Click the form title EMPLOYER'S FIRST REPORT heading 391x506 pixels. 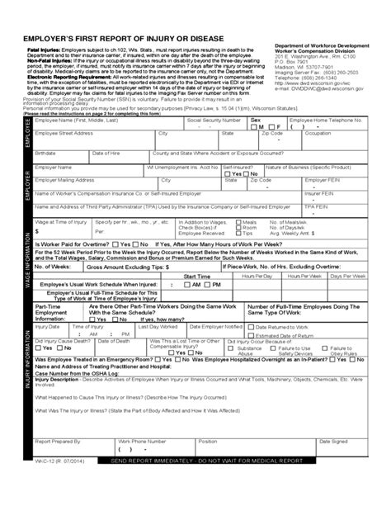point(117,40)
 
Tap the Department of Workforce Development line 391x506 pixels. point(318,46)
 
